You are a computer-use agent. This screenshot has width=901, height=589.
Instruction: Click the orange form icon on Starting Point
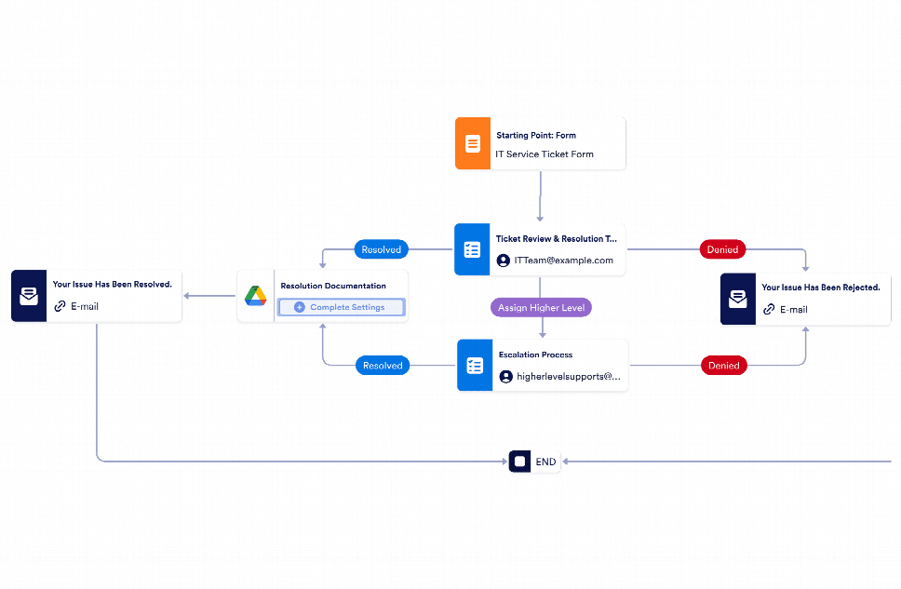473,143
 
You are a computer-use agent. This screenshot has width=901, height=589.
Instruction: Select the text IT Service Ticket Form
544,154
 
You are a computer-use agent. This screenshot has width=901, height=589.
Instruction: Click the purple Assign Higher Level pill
541,306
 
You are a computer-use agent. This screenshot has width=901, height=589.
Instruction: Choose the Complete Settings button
342,307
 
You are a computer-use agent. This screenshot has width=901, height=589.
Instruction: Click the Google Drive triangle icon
256,296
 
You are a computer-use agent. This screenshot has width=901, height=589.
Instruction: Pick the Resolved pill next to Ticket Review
381,249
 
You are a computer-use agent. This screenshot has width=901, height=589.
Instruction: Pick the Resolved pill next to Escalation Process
382,366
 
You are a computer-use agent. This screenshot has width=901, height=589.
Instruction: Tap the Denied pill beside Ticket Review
722,249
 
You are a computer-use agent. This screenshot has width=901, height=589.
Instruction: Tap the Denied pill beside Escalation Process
723,366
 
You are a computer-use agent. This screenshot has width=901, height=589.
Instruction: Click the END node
535,462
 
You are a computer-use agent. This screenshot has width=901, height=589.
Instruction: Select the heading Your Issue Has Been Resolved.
112,284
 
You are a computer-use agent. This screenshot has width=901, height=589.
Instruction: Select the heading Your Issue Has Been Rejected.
820,288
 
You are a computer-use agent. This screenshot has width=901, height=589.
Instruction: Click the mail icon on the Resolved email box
29,296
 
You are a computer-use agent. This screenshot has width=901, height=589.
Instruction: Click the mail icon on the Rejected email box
737,299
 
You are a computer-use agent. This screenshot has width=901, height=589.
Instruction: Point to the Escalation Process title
535,355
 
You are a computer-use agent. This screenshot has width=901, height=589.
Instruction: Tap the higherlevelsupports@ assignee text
568,377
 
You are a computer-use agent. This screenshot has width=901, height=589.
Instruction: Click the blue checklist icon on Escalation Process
475,366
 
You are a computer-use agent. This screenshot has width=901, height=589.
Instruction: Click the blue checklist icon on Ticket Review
472,249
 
